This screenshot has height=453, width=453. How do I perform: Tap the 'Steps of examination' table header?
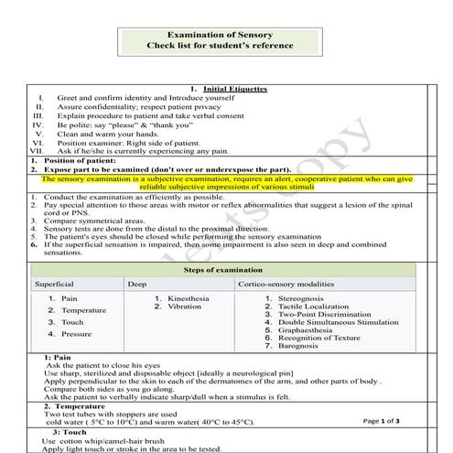[x=222, y=270]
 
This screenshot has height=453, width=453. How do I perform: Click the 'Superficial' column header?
[x=54, y=285]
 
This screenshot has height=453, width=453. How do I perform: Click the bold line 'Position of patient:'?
[x=69, y=161]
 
